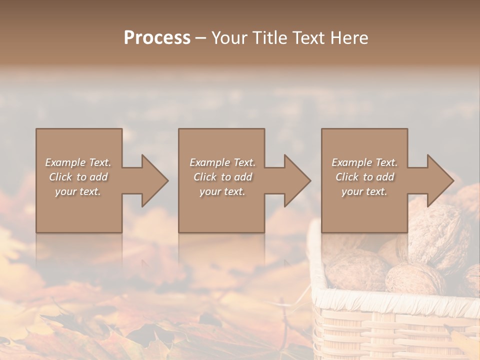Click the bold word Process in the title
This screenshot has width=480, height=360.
tap(157, 38)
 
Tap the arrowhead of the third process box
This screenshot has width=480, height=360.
tap(440, 180)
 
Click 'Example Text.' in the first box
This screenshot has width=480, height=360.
tap(78, 162)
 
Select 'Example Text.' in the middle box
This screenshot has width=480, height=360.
tap(222, 162)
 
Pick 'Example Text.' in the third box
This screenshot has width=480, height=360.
tap(364, 162)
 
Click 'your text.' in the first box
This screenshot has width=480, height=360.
tap(78, 191)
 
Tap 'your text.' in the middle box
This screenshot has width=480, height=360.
tap(222, 191)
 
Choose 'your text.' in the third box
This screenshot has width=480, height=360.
tap(364, 191)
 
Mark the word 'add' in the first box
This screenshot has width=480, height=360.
tap(98, 177)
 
